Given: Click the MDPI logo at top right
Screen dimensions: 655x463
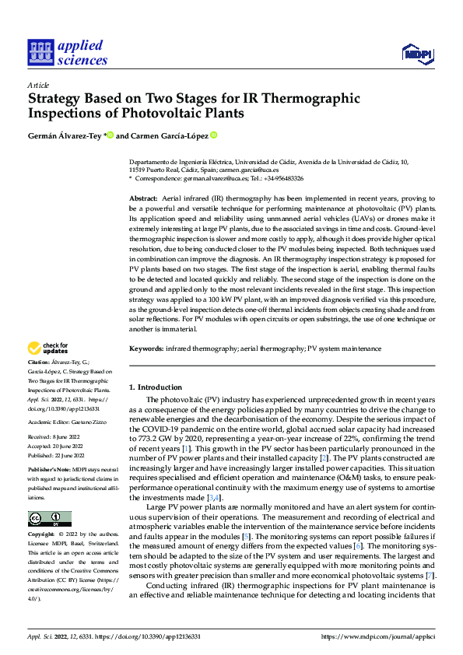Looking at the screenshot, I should [418, 52].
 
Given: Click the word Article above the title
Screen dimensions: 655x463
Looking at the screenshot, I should [37, 85].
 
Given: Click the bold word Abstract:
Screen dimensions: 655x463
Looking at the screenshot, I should [142, 199].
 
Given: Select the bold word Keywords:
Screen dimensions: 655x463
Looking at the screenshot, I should [146, 349].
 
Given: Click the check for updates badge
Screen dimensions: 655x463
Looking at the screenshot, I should [49, 349].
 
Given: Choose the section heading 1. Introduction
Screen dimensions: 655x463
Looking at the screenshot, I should [156, 387].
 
